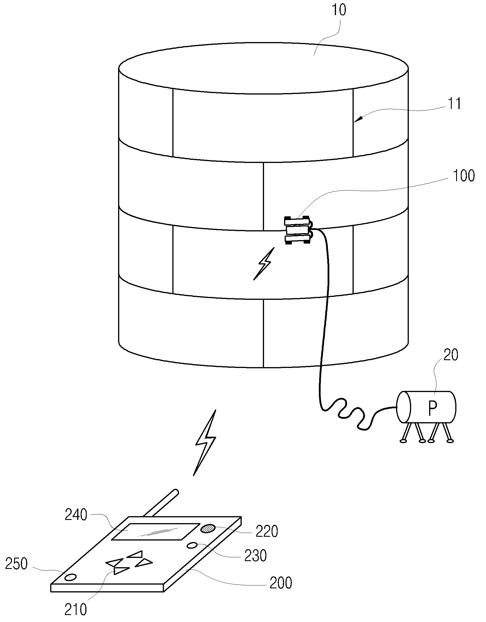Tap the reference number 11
point(454,104)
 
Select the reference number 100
point(463,176)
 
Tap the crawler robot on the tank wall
point(298,231)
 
